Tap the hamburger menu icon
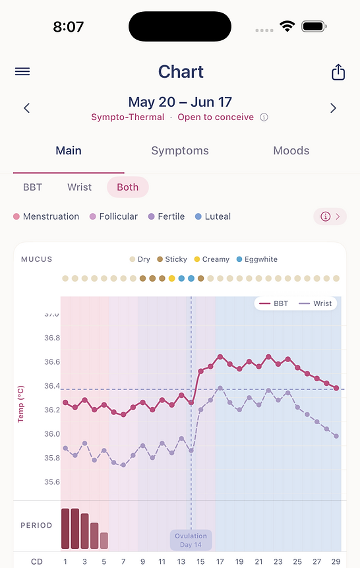click(22, 71)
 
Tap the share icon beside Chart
click(338, 72)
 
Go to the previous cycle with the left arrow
click(27, 108)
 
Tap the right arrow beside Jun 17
click(333, 108)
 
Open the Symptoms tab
click(180, 150)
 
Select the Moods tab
click(291, 150)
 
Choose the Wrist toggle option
click(79, 187)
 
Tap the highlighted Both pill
click(127, 187)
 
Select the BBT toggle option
click(32, 187)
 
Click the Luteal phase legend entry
click(213, 216)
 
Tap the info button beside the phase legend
click(330, 216)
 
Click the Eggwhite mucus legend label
click(260, 259)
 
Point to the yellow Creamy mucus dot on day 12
click(171, 278)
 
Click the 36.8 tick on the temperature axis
click(52, 338)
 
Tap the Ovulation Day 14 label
click(191, 540)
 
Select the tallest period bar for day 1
click(65, 528)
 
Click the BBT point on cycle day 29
click(336, 388)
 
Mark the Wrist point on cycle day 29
click(336, 436)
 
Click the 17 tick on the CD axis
click(220, 561)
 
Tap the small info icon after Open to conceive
click(264, 117)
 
